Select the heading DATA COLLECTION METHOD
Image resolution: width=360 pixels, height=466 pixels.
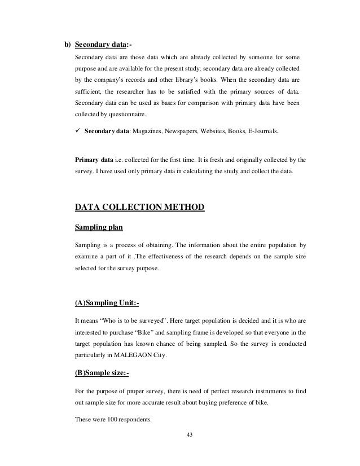click(x=139, y=209)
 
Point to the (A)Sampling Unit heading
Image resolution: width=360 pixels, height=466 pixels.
click(x=107, y=304)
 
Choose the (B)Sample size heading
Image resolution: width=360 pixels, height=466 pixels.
click(x=106, y=372)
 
